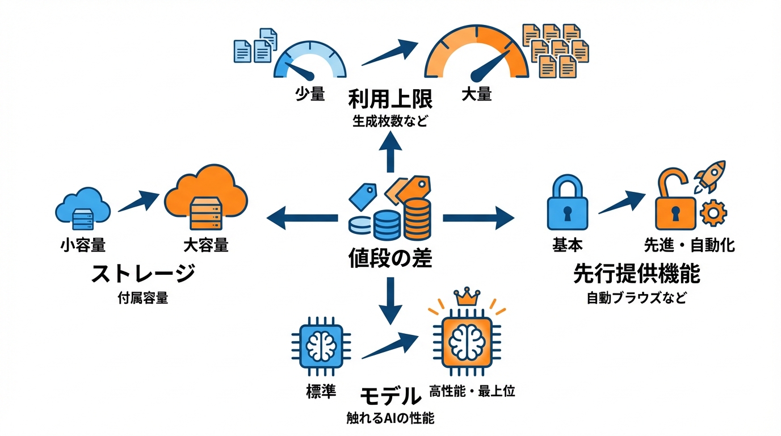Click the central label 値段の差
click(390, 258)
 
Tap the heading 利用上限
click(390, 100)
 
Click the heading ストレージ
click(143, 274)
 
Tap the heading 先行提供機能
click(636, 274)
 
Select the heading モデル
click(390, 395)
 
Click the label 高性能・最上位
click(472, 391)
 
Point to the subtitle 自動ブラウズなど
click(636, 297)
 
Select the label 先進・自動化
click(689, 245)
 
